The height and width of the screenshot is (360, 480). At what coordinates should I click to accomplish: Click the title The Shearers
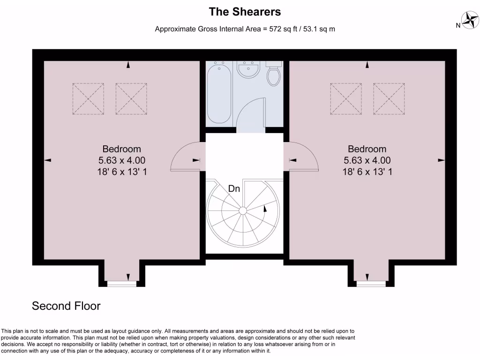click(245, 11)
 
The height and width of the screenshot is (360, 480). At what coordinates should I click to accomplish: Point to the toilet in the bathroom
click(274, 75)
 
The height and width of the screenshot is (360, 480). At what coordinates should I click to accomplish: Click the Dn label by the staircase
click(234, 189)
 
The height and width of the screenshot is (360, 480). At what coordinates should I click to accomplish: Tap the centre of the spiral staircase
click(243, 210)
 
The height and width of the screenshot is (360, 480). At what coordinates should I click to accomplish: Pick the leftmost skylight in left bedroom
click(88, 99)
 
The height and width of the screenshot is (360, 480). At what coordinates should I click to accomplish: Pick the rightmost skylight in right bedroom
click(389, 99)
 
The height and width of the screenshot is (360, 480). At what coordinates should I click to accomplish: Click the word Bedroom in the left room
click(121, 149)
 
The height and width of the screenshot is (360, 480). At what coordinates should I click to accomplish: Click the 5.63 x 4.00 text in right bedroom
click(367, 161)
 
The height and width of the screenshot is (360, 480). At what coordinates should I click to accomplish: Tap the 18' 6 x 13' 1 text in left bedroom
click(121, 172)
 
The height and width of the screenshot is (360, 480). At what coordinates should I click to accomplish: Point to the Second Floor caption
click(66, 306)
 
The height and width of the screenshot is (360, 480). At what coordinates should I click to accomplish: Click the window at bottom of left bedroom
click(121, 284)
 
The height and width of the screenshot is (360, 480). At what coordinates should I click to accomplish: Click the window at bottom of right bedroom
click(371, 284)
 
